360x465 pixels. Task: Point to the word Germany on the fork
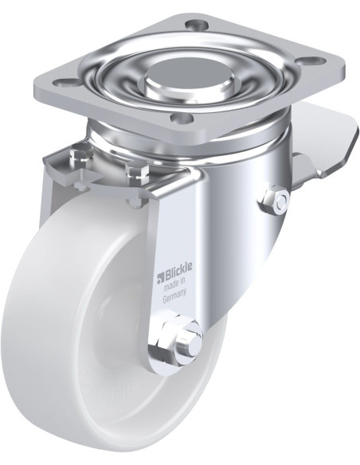[x=175, y=295]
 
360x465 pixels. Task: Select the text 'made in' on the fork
[x=175, y=284]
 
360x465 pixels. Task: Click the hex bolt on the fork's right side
[x=274, y=200]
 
